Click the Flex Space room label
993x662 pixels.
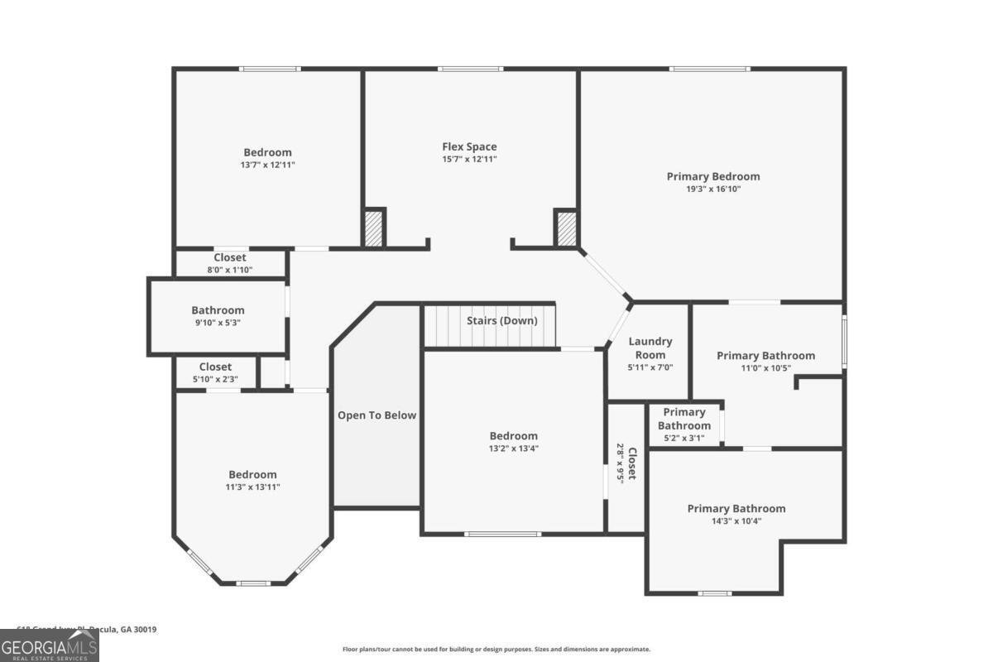(x=469, y=146)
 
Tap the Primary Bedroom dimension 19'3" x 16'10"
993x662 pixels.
(x=712, y=189)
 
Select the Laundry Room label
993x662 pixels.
(x=650, y=348)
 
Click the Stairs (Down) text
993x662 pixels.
(x=501, y=320)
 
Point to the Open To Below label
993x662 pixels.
(x=377, y=415)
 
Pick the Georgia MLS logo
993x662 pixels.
(x=50, y=645)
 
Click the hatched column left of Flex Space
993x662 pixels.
(x=374, y=228)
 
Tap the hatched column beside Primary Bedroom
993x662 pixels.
(x=566, y=228)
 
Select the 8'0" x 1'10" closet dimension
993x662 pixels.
(x=229, y=270)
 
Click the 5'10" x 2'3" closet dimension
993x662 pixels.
(x=215, y=379)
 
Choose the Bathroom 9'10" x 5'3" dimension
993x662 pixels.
(x=218, y=323)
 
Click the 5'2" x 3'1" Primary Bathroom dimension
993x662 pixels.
(x=684, y=439)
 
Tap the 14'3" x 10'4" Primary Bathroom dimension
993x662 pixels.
(x=736, y=521)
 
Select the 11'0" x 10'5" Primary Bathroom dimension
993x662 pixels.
(x=765, y=368)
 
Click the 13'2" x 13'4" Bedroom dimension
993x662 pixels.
(x=513, y=449)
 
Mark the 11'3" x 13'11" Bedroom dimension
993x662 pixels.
(x=252, y=487)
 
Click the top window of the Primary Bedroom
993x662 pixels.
(x=710, y=69)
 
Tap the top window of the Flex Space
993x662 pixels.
(x=470, y=69)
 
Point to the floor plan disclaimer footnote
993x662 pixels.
(x=496, y=650)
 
